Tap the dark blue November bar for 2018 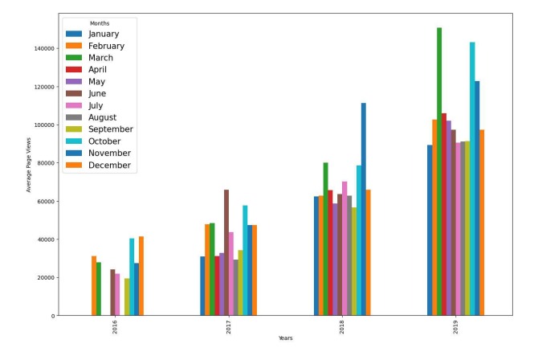[x=363, y=209]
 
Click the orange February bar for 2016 [x=94, y=286]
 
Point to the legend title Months [x=100, y=23]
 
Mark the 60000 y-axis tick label [x=45, y=202]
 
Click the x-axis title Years [x=286, y=338]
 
